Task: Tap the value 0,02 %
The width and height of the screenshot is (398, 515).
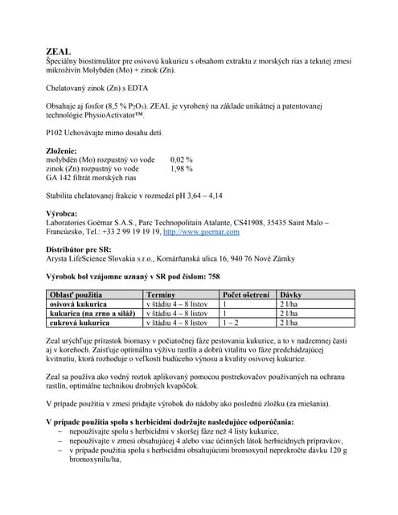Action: click(x=183, y=159)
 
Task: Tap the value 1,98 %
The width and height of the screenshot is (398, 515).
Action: click(x=183, y=169)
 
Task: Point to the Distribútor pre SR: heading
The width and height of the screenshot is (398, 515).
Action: click(x=82, y=249)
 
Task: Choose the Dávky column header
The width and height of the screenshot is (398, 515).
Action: click(x=290, y=295)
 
